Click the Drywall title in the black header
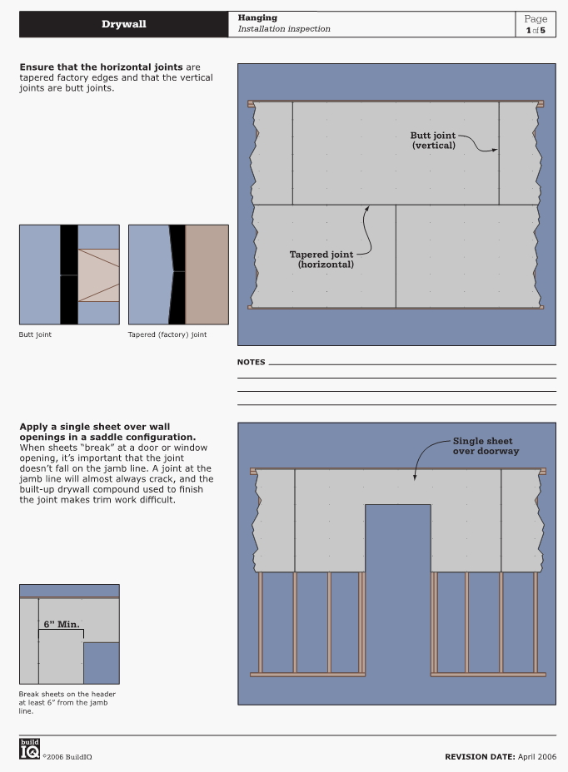click(124, 24)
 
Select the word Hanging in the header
click(257, 17)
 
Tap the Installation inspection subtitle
click(284, 28)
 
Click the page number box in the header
click(536, 24)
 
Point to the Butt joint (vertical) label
click(433, 141)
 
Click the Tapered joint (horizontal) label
click(321, 260)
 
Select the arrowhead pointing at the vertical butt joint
click(494, 150)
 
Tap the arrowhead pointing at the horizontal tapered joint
click(366, 210)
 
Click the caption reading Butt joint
click(35, 334)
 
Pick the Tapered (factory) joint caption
click(167, 334)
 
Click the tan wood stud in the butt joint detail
click(98, 275)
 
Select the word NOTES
click(251, 362)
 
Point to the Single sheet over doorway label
click(486, 446)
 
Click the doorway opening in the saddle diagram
click(398, 591)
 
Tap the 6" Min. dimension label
click(62, 624)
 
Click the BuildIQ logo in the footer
click(30, 749)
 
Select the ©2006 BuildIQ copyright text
click(67, 757)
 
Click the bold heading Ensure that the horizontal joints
click(101, 67)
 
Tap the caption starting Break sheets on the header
click(67, 703)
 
